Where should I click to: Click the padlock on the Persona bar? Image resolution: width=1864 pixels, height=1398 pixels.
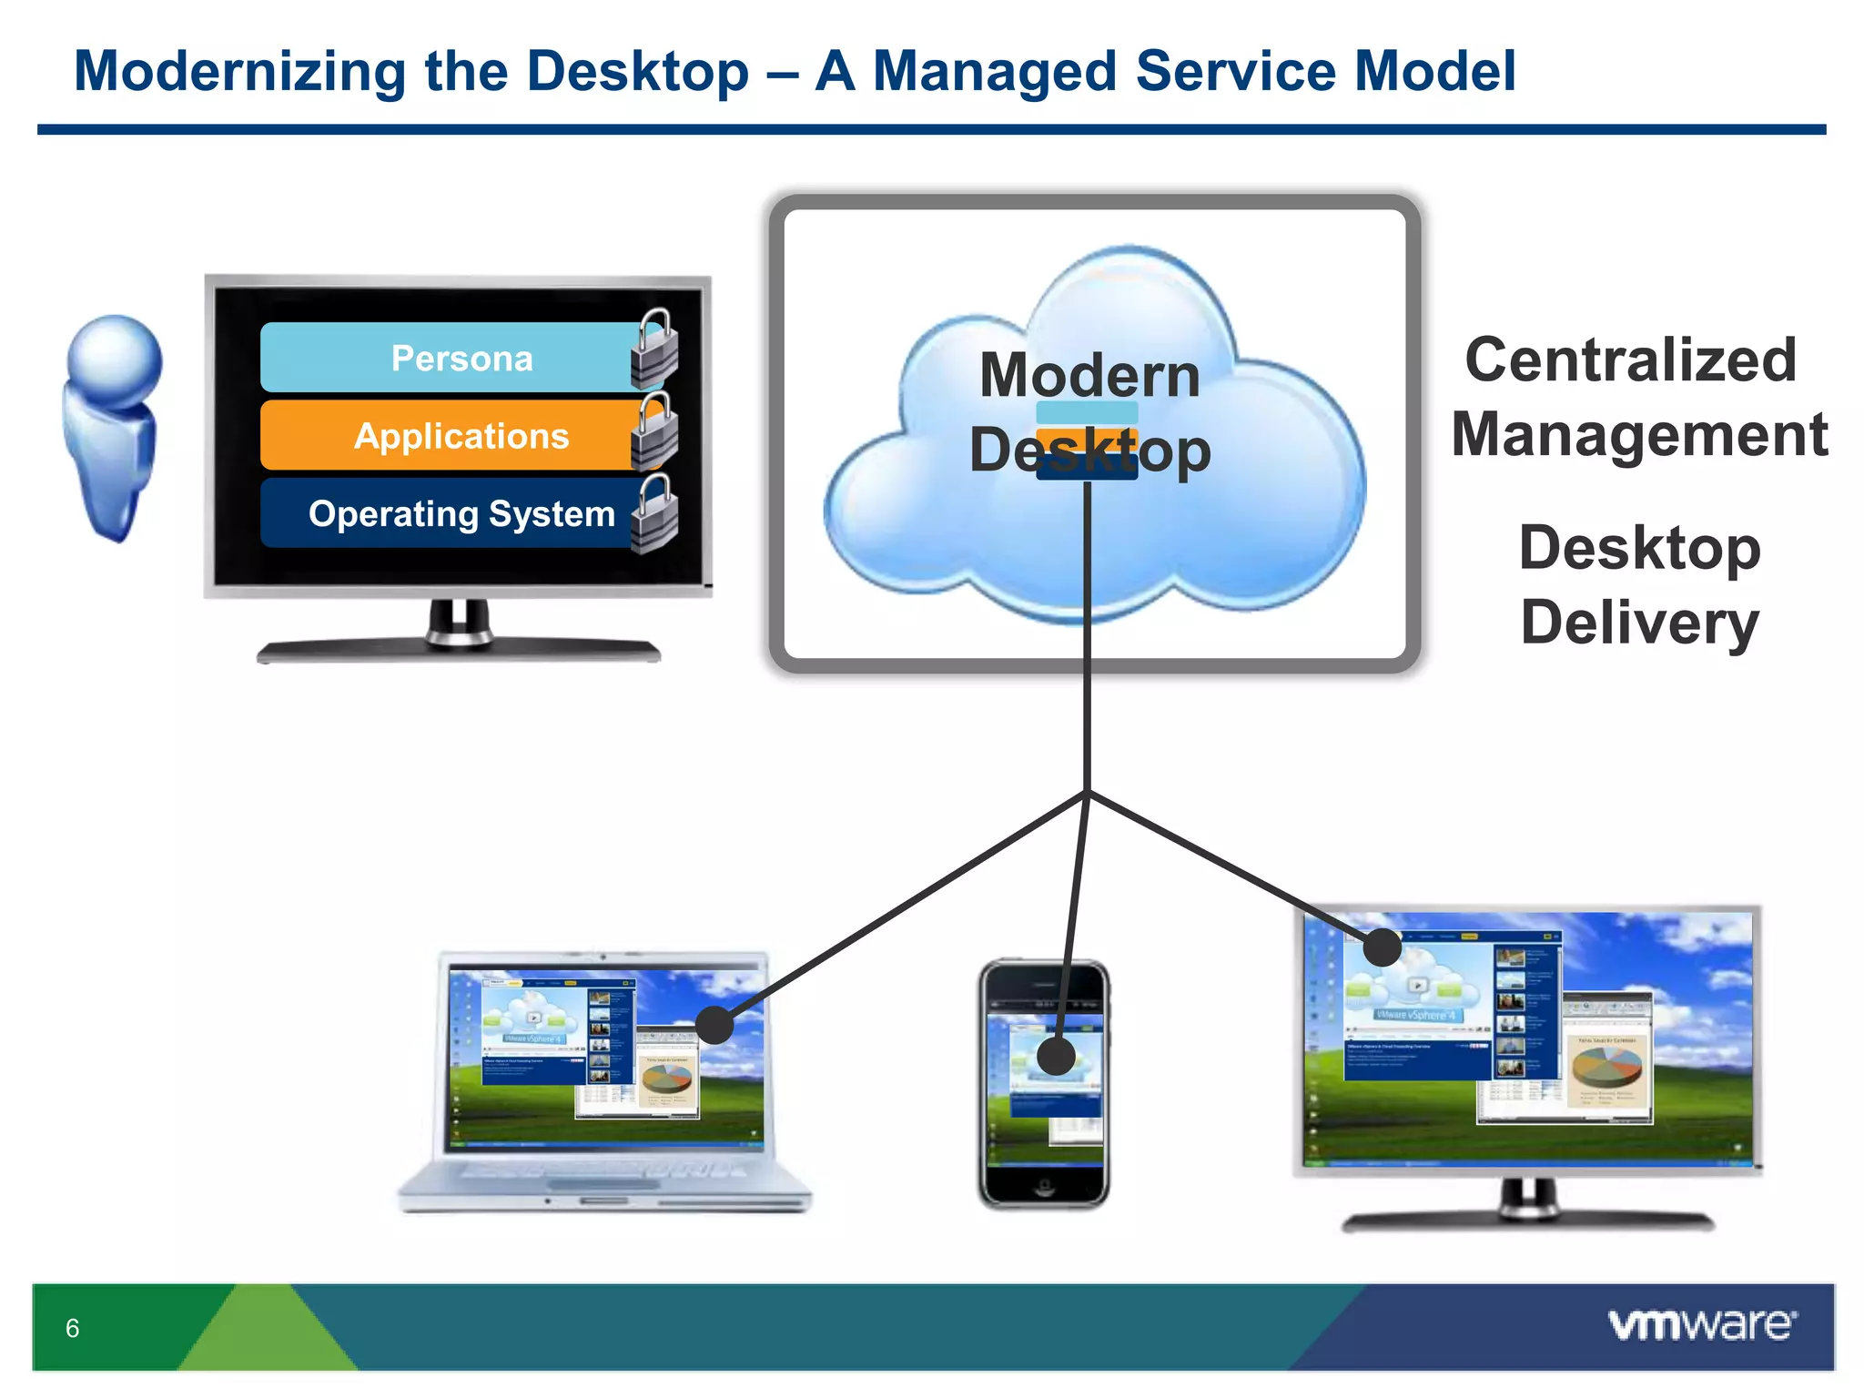pyautogui.click(x=655, y=350)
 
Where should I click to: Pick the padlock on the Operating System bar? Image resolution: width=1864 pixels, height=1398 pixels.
pyautogui.click(x=655, y=515)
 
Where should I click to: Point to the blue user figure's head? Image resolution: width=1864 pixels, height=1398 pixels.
pyautogui.click(x=116, y=358)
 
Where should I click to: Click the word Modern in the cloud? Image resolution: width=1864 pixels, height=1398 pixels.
pyautogui.click(x=1089, y=375)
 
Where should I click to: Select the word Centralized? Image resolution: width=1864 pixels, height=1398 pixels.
pyautogui.click(x=1631, y=360)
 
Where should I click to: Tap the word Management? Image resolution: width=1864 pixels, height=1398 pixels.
pyautogui.click(x=1639, y=434)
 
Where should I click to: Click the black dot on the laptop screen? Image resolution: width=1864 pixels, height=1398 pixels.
pyautogui.click(x=714, y=1025)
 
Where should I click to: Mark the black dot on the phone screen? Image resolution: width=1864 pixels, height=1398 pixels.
pyautogui.click(x=1056, y=1056)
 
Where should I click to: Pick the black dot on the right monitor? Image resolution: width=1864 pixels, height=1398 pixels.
pyautogui.click(x=1382, y=947)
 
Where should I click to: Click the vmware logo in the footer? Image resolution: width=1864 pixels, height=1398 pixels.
pyautogui.click(x=1702, y=1325)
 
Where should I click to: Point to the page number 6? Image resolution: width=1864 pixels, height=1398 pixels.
pyautogui.click(x=73, y=1328)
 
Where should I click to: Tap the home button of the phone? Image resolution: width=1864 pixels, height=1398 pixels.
pyautogui.click(x=1044, y=1185)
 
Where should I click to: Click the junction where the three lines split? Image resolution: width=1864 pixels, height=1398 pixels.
pyautogui.click(x=1088, y=792)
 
